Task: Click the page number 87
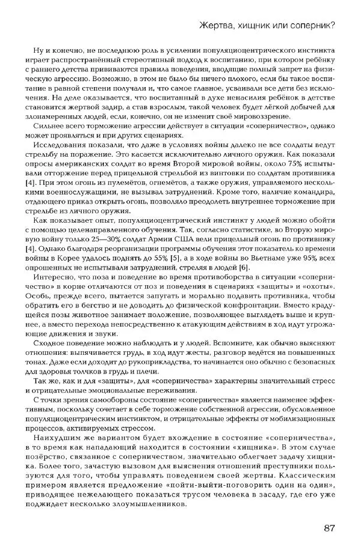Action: click(x=328, y=528)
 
